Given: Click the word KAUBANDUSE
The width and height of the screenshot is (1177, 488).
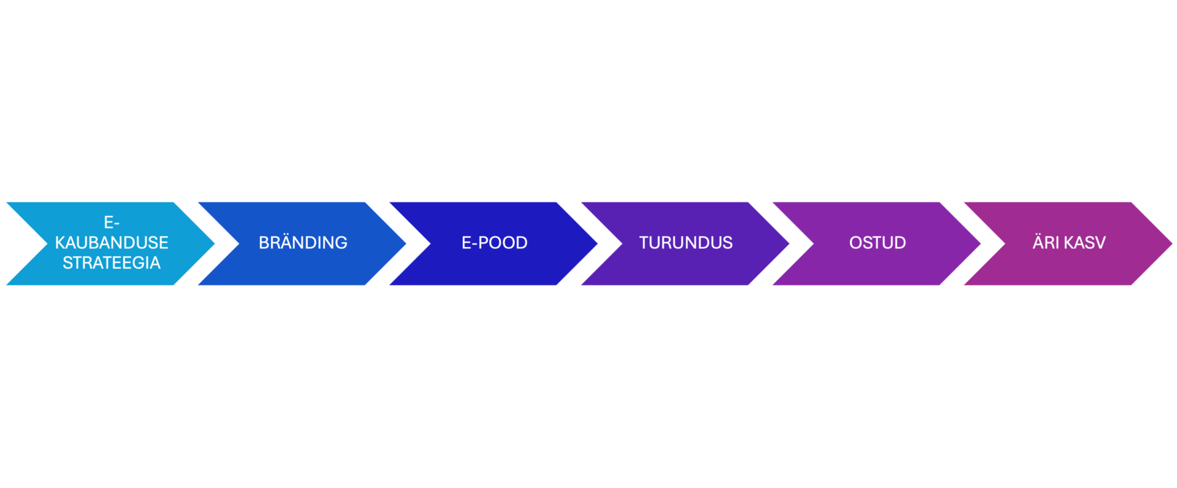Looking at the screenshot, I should (x=112, y=243).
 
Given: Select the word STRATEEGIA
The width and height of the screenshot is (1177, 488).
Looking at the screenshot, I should (x=112, y=263).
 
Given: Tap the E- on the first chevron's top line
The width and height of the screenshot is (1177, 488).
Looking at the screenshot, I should (x=112, y=223).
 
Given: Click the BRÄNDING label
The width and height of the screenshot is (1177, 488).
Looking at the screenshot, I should (x=303, y=243).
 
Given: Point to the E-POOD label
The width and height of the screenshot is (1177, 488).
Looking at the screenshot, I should (x=494, y=243).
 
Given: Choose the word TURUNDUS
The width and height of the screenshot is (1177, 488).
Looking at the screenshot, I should (x=685, y=243).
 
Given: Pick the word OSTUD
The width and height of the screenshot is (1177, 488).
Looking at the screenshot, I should (x=877, y=243).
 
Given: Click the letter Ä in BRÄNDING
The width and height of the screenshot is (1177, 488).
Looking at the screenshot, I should (x=284, y=242).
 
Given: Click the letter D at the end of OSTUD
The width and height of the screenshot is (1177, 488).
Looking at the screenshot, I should (x=900, y=243).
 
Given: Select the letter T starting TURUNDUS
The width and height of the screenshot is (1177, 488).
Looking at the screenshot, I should (x=644, y=243).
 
